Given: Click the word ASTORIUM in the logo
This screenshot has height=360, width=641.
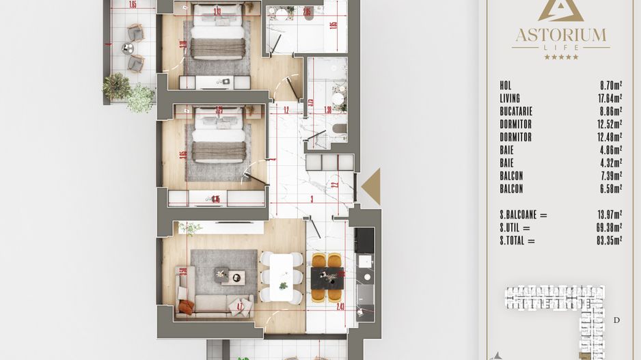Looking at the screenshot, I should coord(560,33).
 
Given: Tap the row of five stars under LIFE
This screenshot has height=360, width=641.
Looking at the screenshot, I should coord(560,57).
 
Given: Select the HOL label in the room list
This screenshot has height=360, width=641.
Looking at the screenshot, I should coord(506,85).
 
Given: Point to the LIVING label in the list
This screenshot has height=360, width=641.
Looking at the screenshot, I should coord(510,98).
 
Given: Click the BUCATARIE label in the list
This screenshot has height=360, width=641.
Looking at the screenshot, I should coord(516,111).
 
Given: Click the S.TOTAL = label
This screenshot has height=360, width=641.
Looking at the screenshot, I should coord(517,240).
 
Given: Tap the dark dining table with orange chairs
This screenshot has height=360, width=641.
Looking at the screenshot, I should coord(326,277).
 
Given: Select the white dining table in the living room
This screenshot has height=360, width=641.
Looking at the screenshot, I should coord(281,277).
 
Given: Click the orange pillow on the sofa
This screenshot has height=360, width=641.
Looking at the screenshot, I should coord(186,307).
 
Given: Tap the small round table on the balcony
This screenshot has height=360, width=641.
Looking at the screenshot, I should coord(127,49).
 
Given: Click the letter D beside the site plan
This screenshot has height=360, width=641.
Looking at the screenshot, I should coord(616,320).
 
